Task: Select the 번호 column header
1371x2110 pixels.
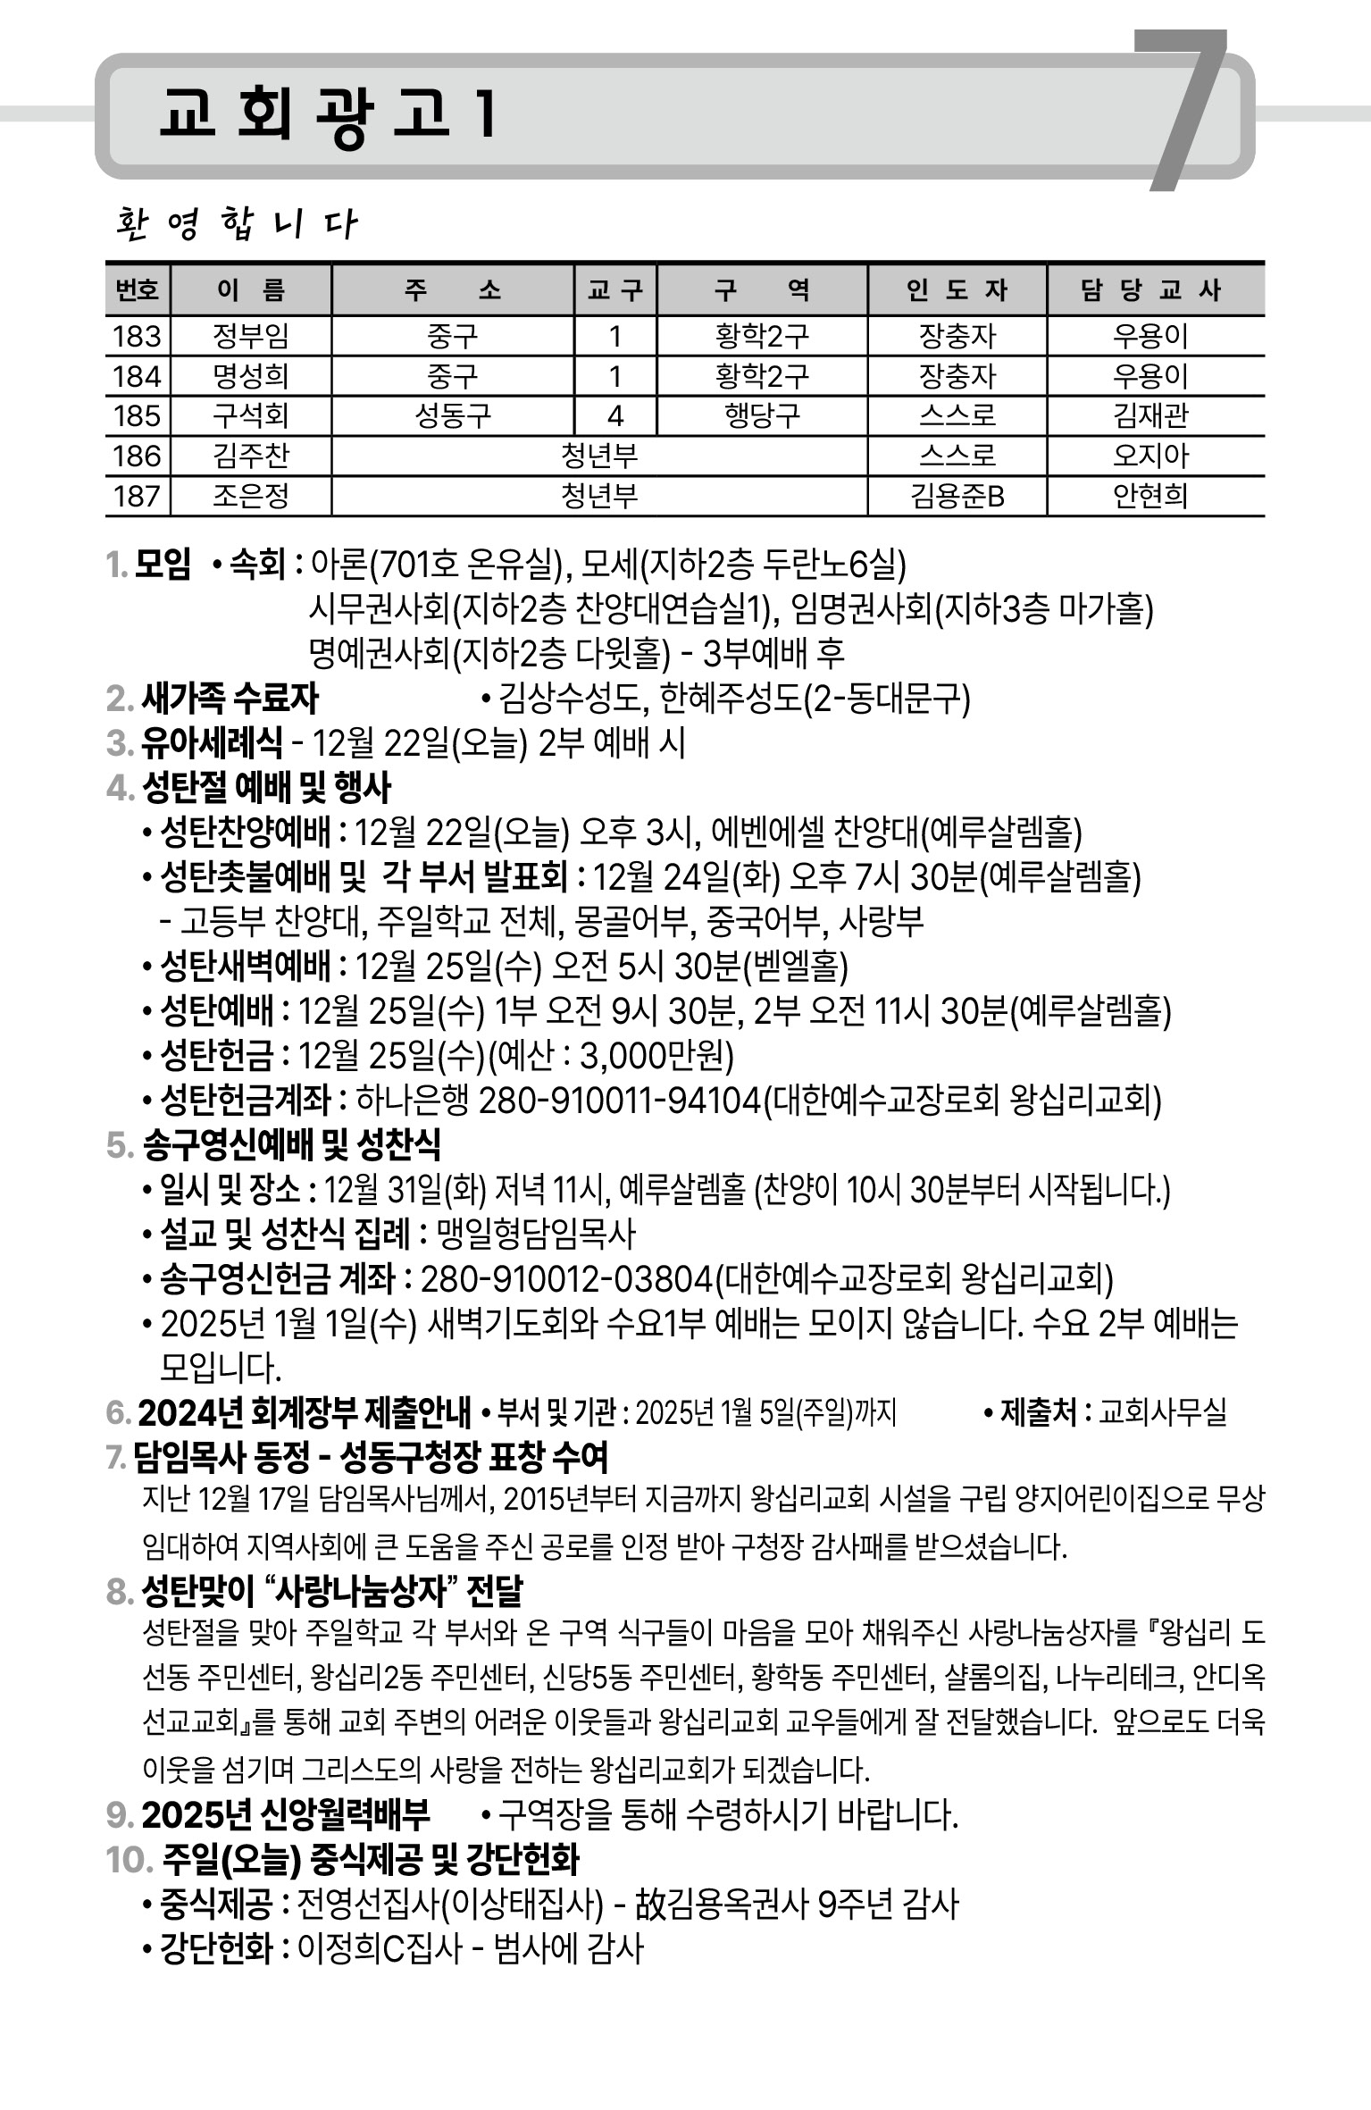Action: [x=138, y=290]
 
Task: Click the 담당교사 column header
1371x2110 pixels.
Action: [x=1154, y=290]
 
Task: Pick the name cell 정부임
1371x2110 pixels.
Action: [x=251, y=337]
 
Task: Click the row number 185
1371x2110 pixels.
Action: [x=138, y=416]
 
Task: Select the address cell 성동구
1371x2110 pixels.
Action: [x=453, y=416]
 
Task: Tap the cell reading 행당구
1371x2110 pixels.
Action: [x=762, y=416]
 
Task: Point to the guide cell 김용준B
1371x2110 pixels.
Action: [x=957, y=496]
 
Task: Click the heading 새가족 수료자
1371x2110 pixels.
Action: [x=230, y=699]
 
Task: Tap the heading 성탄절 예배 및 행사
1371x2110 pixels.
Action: [x=266, y=788]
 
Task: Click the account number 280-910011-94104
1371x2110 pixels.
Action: [x=620, y=1101]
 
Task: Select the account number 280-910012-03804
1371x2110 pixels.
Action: [x=566, y=1279]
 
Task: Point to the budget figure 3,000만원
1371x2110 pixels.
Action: [x=656, y=1056]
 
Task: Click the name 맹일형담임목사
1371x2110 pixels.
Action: [x=536, y=1235]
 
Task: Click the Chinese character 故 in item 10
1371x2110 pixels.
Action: [x=649, y=1905]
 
